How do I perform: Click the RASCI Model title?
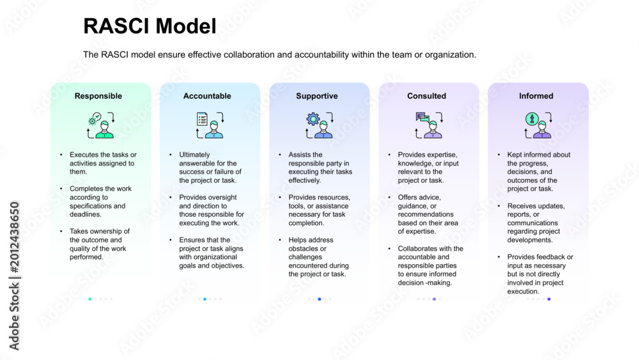pos(150,26)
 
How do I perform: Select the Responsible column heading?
pos(98,96)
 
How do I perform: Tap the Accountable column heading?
pos(207,96)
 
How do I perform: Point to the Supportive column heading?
pos(317,96)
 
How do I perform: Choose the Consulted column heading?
pos(426,96)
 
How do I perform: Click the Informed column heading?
pos(536,96)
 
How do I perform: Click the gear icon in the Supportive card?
pos(313,119)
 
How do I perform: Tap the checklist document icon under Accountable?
pos(202,119)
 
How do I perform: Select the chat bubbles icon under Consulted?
pos(422,118)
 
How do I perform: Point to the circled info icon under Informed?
pos(532,119)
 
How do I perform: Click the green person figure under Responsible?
pos(104,130)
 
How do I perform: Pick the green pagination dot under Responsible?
pos(90,299)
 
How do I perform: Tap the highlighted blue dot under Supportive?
pos(319,299)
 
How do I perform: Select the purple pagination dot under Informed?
pos(549,299)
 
